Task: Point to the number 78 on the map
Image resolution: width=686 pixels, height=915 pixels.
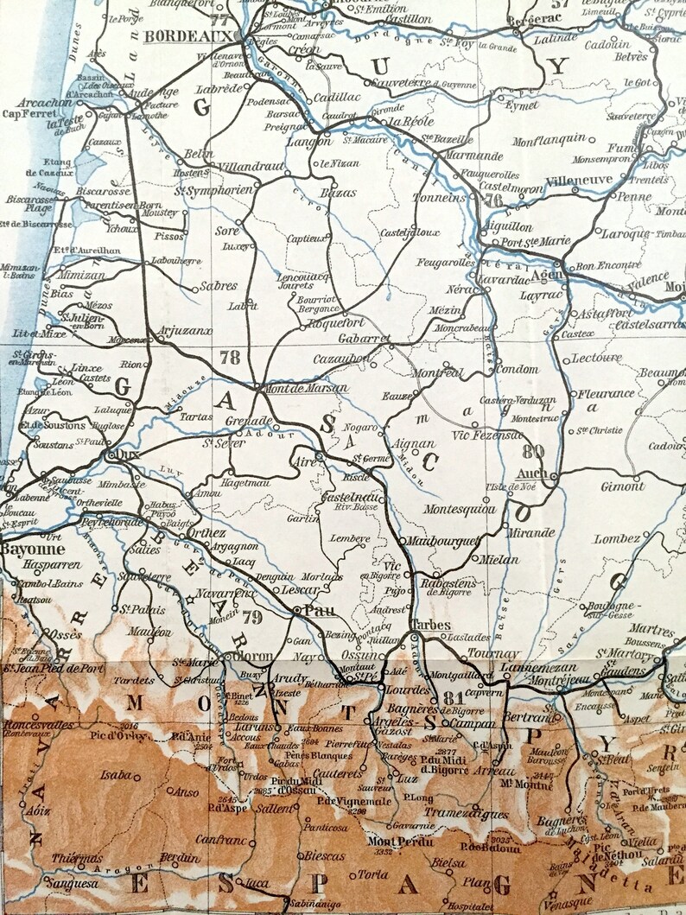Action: (x=230, y=356)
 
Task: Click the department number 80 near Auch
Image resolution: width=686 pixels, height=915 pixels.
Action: (x=533, y=449)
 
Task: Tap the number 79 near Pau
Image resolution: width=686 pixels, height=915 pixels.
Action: (x=251, y=616)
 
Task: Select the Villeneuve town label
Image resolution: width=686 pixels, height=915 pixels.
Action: (x=580, y=179)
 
